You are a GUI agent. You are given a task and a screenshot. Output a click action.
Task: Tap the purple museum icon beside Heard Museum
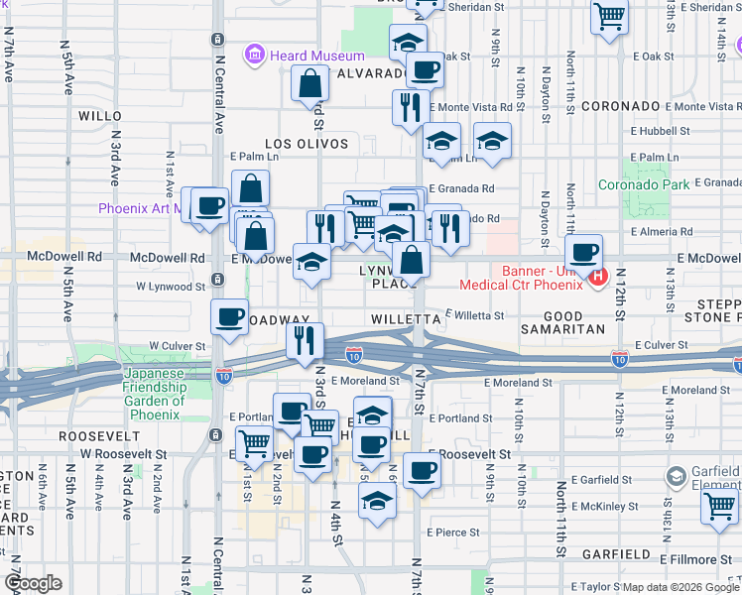(256, 55)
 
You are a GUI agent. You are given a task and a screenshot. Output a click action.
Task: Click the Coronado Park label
(643, 184)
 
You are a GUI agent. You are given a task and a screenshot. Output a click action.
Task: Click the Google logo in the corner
(33, 582)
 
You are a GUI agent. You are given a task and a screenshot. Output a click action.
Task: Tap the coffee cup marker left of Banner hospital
(584, 252)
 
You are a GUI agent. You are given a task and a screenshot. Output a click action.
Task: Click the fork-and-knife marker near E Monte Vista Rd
(411, 106)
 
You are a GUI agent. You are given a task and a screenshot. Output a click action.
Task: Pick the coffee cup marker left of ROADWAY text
(230, 316)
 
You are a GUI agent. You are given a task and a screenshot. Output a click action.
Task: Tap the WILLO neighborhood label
(99, 116)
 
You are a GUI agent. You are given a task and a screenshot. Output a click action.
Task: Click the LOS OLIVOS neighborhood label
(307, 144)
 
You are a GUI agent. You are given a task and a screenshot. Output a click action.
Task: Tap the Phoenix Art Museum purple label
(139, 208)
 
